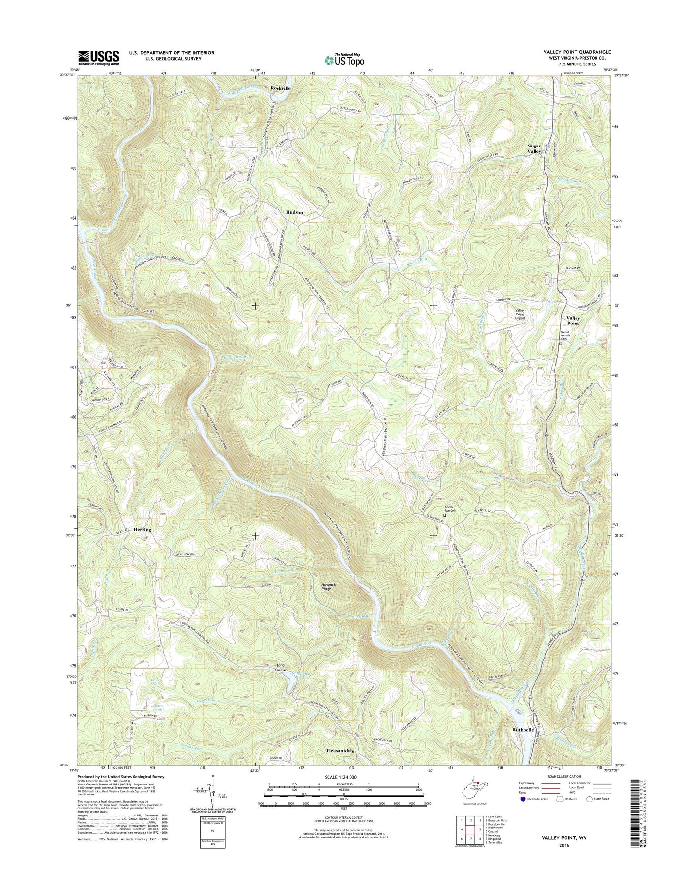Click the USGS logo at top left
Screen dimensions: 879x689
(x=99, y=58)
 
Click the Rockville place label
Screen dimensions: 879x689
(x=280, y=88)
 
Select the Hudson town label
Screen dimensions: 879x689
(x=294, y=212)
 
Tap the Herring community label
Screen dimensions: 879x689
(x=142, y=530)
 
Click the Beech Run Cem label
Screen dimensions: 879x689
(x=450, y=509)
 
